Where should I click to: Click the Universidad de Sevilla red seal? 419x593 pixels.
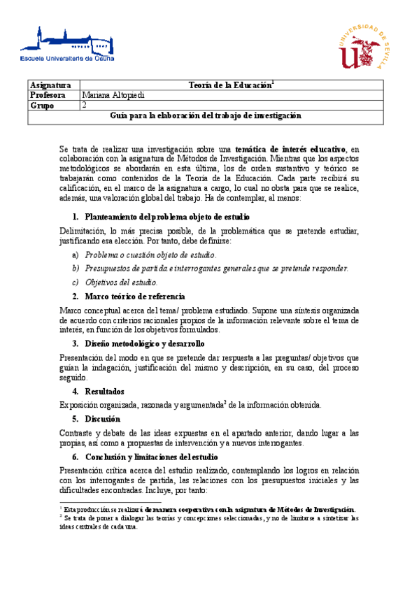tap(362, 48)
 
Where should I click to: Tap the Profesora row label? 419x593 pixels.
tap(48, 95)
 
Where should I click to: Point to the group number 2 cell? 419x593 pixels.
tap(85, 106)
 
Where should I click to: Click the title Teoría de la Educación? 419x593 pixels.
tap(231, 85)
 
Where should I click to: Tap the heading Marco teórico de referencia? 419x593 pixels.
tap(134, 296)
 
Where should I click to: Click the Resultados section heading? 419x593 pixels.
tap(104, 391)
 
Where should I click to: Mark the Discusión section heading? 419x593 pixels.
tap(103, 419)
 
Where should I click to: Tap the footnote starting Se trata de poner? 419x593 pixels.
tap(209, 522)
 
